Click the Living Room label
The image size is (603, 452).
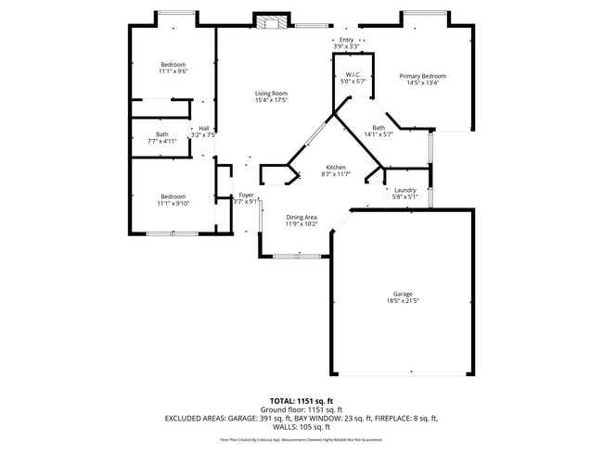272,94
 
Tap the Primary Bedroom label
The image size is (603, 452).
422,76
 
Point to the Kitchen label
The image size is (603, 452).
334,168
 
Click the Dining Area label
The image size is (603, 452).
301,217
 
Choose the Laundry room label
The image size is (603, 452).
404,190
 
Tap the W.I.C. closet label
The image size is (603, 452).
353,75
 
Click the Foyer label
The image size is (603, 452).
246,195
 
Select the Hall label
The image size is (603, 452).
203,129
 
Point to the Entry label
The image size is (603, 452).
346,40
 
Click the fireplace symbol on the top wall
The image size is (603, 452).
270,22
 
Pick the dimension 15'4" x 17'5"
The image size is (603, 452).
272,100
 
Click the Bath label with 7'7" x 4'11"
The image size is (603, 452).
162,134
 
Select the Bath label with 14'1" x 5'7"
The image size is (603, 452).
378,128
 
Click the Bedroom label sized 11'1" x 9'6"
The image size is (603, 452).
173,64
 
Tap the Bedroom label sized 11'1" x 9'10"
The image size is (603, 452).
173,196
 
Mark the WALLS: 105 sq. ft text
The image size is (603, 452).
301,426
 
